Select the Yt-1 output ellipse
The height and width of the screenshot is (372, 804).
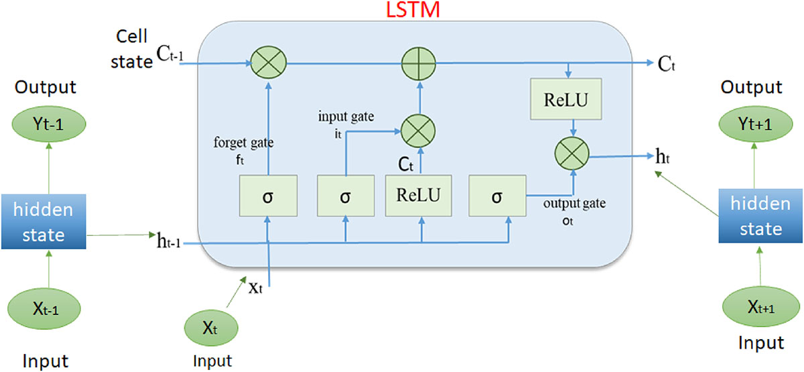46,125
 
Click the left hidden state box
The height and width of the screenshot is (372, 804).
46,223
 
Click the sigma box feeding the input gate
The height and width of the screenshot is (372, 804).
345,196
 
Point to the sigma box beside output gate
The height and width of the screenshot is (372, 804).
496,196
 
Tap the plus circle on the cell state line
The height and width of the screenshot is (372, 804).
420,64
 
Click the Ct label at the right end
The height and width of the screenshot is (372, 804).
665,64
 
